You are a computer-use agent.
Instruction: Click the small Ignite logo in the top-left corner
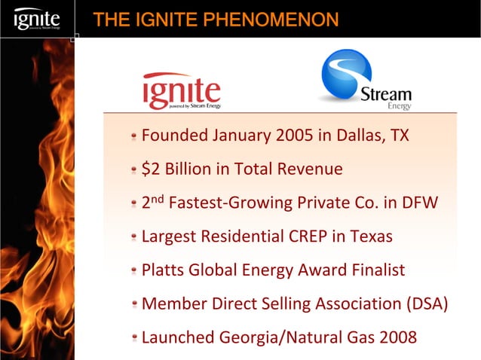[37, 18]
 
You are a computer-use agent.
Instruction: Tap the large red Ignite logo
[182, 91]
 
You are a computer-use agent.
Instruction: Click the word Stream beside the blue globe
[385, 96]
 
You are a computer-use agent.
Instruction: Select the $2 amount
[151, 169]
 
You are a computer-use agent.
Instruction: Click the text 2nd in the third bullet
[152, 202]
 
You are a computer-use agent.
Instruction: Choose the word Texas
[370, 236]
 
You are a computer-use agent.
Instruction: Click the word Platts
[164, 270]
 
